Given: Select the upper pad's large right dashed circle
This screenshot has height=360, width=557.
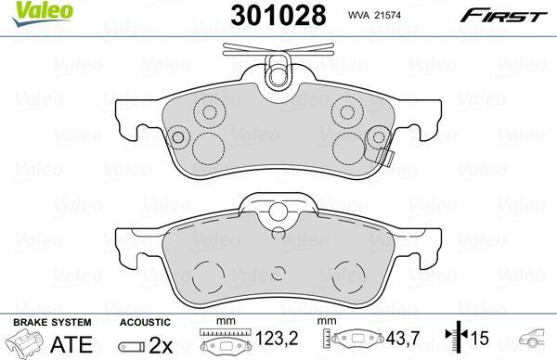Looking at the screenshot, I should coord(349,145).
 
